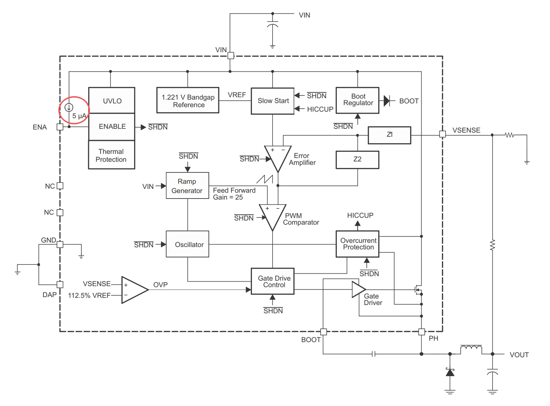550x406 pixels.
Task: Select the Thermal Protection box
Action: (112, 155)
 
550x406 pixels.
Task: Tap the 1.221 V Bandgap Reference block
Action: (188, 100)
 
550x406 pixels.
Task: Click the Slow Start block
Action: (273, 101)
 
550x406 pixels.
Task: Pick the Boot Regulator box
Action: (357, 100)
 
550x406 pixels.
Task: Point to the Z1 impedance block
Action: (389, 135)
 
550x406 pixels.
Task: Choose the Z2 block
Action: (357, 160)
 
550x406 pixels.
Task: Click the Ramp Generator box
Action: (187, 185)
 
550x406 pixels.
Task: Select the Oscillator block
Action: (187, 244)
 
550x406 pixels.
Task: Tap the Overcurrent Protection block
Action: (357, 244)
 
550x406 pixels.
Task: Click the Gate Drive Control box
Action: (273, 281)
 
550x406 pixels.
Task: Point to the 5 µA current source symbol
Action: (69, 108)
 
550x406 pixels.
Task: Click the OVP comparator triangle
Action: (135, 290)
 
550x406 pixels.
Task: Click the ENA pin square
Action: (60, 127)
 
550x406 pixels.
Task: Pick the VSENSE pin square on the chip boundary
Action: (443, 134)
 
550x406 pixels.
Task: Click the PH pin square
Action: (421, 331)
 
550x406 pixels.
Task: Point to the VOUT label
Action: (519, 354)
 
